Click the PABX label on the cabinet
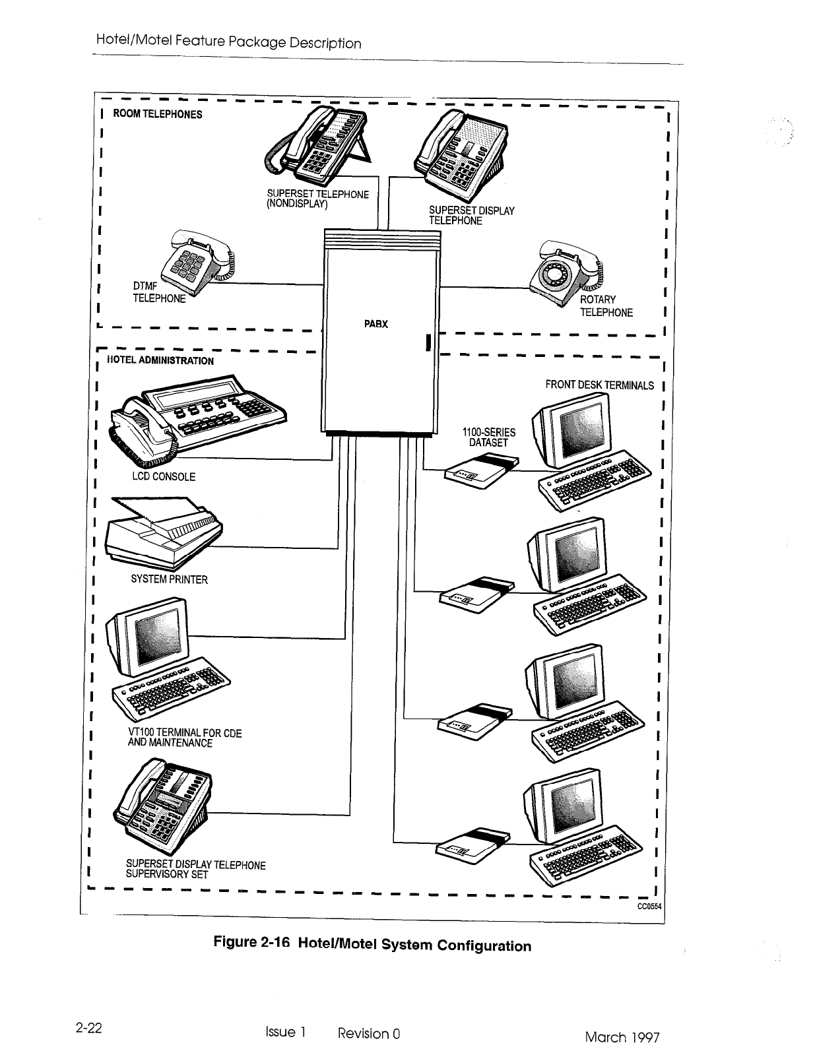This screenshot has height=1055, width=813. (375, 324)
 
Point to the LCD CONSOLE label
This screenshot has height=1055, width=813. (164, 476)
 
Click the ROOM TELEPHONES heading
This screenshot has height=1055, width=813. (158, 113)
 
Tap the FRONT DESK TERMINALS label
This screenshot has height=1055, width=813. (599, 385)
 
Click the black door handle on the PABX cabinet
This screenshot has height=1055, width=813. (428, 344)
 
